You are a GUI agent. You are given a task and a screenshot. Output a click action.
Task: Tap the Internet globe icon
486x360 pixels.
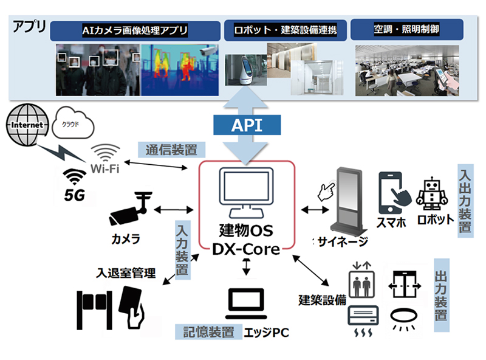pyautogui.click(x=26, y=124)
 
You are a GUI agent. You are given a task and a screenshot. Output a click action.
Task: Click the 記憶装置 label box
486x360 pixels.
pyautogui.click(x=207, y=331)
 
